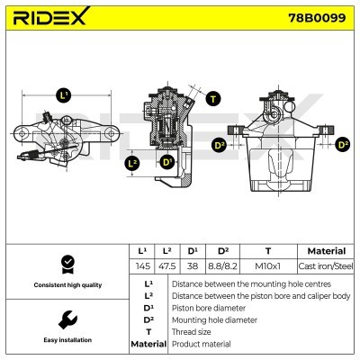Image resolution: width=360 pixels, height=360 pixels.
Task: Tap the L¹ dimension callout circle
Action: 62,94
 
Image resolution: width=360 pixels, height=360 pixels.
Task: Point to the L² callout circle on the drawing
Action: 132,163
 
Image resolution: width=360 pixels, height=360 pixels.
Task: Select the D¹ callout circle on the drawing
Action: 166,162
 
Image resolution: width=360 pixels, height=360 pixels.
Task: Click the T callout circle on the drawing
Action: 211,99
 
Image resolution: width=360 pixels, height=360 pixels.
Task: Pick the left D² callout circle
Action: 220,145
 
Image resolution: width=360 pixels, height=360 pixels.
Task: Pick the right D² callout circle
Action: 341,144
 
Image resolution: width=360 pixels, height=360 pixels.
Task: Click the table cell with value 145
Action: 141,266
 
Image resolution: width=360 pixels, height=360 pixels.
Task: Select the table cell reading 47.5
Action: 166,266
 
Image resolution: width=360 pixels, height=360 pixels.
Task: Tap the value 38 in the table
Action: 193,266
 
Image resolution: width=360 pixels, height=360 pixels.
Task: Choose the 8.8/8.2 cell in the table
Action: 224,266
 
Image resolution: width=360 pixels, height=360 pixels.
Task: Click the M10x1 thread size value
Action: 267,266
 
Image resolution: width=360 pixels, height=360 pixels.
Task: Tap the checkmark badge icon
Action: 67,265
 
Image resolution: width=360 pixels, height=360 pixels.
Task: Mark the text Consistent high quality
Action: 67,285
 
